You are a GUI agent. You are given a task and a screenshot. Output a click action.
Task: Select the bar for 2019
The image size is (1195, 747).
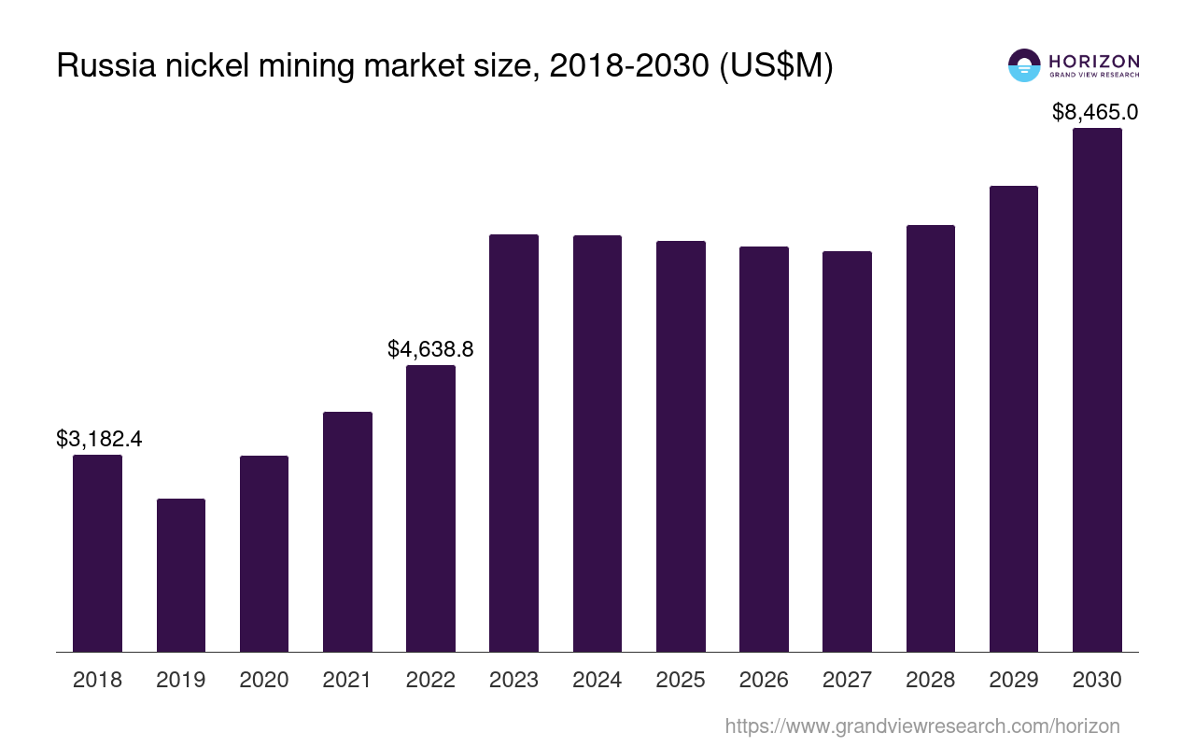181,575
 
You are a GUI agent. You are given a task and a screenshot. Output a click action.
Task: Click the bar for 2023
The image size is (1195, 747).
513,444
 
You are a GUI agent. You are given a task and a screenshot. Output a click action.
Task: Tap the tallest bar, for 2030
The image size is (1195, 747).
1097,390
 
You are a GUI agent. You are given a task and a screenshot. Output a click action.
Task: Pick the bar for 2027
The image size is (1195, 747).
847,452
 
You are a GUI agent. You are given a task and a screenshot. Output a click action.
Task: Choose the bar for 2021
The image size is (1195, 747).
347,532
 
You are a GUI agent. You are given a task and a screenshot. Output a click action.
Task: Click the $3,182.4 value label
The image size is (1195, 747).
99,439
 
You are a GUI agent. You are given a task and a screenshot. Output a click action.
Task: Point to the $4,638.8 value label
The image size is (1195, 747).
430,349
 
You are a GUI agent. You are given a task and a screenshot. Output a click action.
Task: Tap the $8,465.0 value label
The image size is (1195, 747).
1095,112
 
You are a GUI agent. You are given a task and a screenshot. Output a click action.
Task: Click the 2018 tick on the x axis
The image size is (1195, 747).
97,680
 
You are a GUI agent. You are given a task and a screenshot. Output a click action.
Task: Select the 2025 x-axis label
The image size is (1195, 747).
681,680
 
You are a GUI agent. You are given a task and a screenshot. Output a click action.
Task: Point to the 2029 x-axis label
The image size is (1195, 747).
1014,680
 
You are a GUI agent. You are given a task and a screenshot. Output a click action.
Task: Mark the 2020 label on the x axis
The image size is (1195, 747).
264,680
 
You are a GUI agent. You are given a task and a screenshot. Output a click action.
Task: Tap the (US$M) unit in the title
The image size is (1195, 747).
775,66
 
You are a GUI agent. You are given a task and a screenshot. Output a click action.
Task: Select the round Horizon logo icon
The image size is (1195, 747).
1024,65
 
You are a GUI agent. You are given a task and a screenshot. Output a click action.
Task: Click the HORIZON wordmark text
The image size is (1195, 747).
1094,61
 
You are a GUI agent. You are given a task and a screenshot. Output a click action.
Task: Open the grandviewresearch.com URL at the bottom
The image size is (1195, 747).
921,726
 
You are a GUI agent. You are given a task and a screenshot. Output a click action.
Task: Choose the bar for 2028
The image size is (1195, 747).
930,439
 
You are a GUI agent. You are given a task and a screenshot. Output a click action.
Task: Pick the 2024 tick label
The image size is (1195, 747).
597,680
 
